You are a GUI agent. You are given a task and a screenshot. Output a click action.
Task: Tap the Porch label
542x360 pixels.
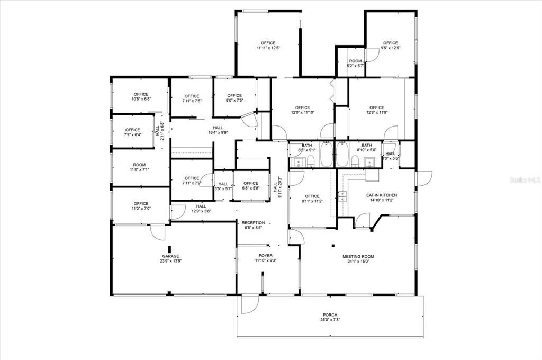(330, 315)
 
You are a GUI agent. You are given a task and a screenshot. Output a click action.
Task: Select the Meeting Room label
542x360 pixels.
(358, 256)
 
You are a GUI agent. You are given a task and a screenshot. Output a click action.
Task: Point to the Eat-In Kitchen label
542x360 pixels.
(382, 195)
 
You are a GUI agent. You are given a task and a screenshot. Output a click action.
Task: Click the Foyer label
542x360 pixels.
(265, 255)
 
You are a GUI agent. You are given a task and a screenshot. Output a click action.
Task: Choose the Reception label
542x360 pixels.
(253, 223)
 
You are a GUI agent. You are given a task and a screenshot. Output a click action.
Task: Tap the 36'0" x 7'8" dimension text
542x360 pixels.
(330, 320)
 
